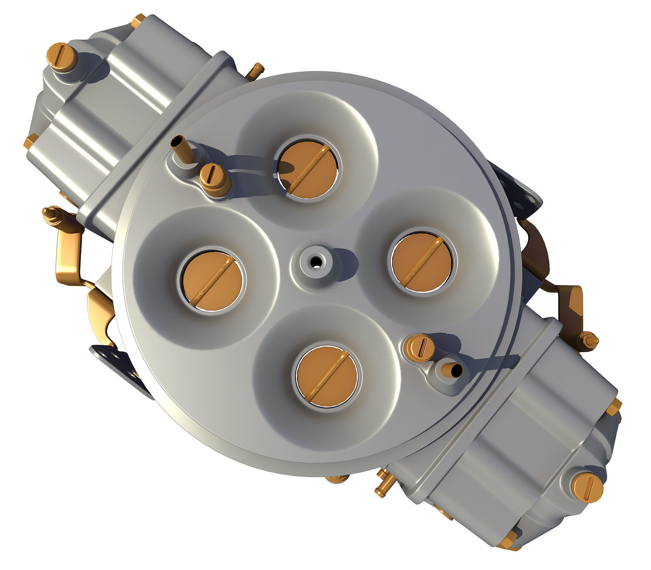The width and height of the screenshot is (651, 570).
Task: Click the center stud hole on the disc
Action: (x=314, y=262)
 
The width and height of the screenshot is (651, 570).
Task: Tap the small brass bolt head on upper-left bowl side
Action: (x=31, y=141)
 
